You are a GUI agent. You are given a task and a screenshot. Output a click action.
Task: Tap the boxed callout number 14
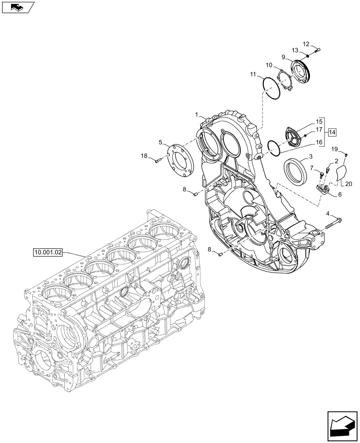coord(332,132)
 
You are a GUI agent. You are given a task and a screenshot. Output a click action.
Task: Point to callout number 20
coord(348,184)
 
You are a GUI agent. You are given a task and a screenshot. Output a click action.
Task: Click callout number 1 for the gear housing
coord(196,115)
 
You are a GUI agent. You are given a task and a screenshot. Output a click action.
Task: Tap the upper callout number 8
coord(184,190)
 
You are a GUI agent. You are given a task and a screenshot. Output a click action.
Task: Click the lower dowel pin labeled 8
coord(220,254)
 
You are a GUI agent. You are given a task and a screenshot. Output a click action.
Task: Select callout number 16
coord(319,143)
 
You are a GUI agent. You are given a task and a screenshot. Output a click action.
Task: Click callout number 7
coord(311,167)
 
